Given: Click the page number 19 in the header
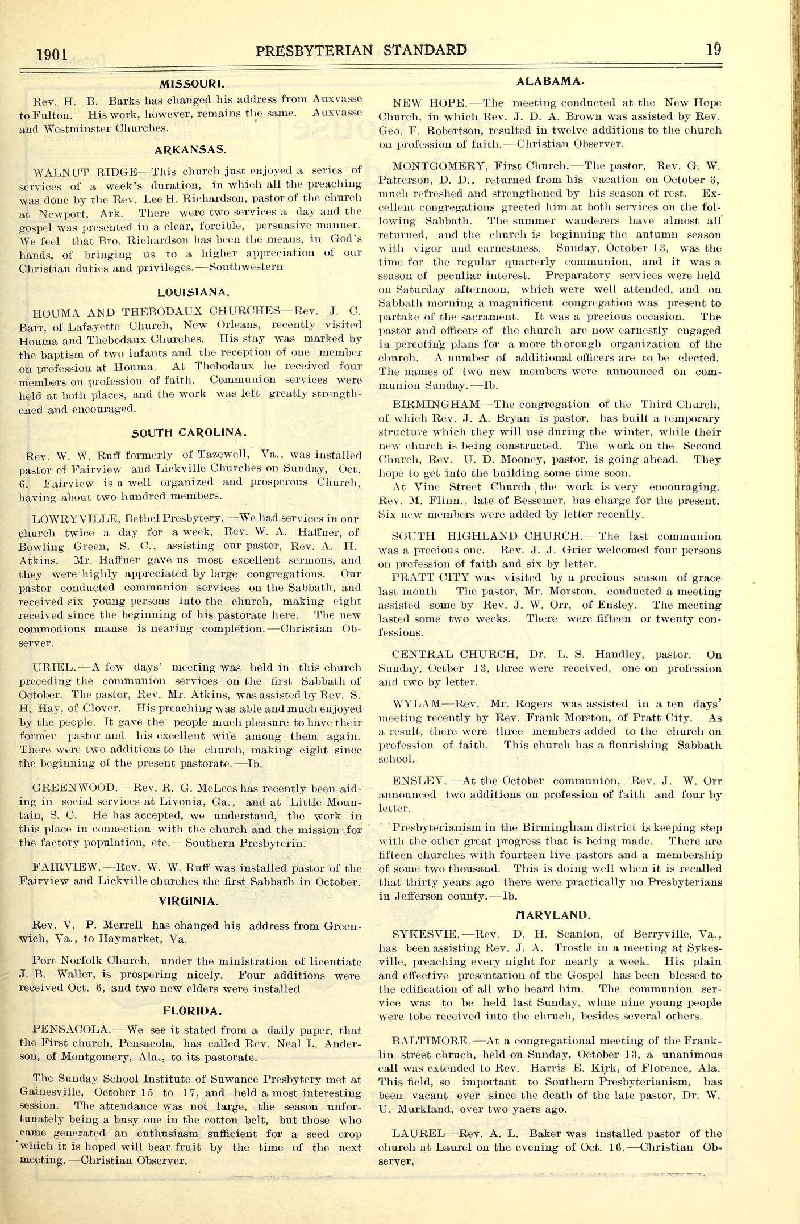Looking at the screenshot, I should coord(714,49).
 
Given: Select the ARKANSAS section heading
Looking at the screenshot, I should coord(190,150).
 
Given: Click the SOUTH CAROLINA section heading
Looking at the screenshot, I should coord(189,433).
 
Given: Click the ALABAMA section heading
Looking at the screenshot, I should coord(549,82).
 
